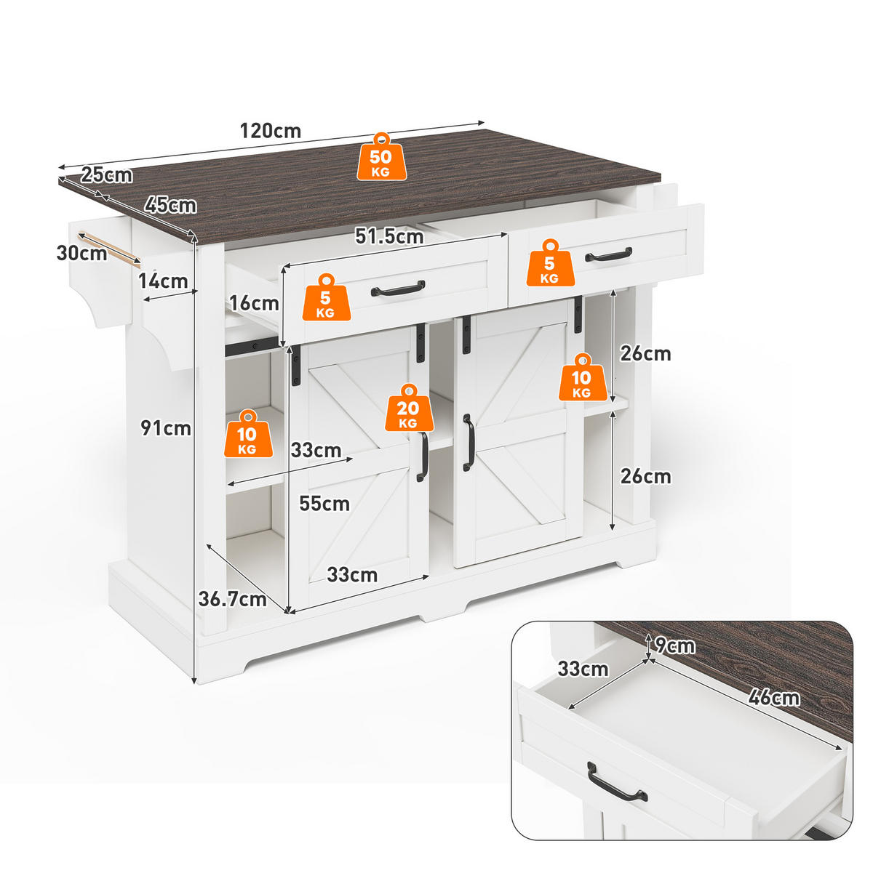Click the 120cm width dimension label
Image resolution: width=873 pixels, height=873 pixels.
[271, 132]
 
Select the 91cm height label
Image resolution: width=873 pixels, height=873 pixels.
[166, 428]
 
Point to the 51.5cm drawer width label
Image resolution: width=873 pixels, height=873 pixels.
[389, 236]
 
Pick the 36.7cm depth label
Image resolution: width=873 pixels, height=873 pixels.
[233, 600]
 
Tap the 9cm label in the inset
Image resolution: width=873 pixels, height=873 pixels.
[675, 645]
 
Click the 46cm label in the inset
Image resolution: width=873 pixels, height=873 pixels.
[774, 697]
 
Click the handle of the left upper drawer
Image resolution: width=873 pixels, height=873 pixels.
[398, 288]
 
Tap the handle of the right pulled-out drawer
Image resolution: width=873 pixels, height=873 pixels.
[609, 254]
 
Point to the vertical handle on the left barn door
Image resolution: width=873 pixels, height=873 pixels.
[422, 456]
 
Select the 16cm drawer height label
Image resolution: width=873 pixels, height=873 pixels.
[254, 303]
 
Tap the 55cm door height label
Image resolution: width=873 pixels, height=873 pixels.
[324, 504]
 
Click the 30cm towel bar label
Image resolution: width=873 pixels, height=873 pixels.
[82, 253]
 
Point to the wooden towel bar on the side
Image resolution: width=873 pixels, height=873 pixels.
[109, 249]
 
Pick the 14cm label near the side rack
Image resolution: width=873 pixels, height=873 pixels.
[163, 281]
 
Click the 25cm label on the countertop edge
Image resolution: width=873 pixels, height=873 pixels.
[106, 175]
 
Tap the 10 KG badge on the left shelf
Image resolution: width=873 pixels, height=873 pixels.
[248, 433]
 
